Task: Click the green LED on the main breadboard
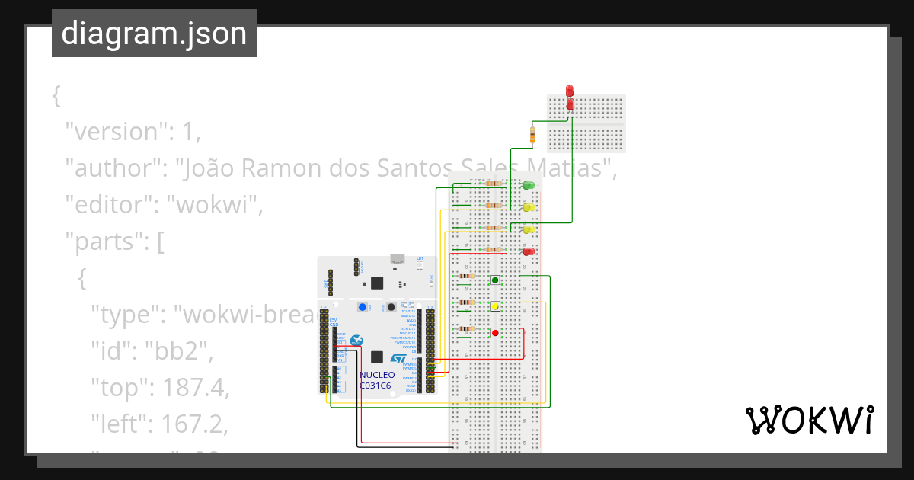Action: coord(527,185)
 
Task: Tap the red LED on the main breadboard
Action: coord(527,251)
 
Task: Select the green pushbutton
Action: coord(495,280)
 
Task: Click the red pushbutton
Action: coord(495,333)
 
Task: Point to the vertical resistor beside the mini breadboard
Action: coord(532,136)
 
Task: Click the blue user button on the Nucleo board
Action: coord(363,307)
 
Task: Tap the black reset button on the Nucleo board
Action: coord(391,307)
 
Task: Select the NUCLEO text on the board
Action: coord(377,375)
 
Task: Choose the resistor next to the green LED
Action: coord(494,184)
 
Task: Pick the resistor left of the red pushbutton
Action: coord(467,329)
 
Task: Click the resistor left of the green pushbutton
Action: coord(467,276)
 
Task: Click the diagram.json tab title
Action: coord(154,34)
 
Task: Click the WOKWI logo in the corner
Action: coord(809,420)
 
